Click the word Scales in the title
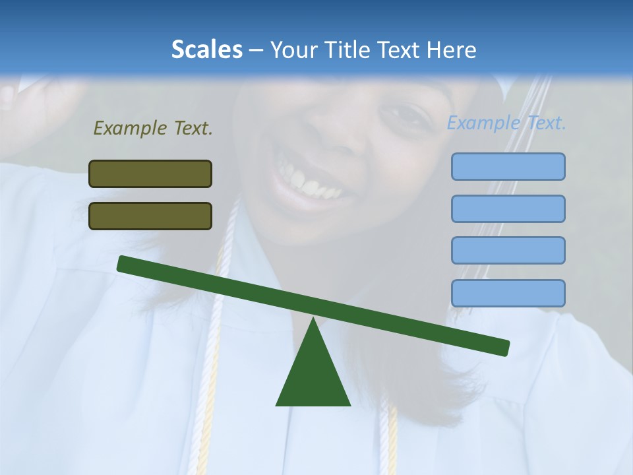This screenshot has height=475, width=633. point(206,49)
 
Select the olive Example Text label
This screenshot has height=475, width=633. point(153,128)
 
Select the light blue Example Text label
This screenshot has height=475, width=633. point(506,123)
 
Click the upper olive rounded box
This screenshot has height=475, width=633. point(150,174)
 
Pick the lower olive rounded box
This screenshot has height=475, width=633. point(150,216)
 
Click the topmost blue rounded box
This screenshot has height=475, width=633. point(508,166)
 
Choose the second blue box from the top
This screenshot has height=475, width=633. point(508,208)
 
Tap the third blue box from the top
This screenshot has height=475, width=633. point(508,250)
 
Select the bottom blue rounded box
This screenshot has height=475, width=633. point(508,293)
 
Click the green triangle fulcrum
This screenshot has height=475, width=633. point(313,376)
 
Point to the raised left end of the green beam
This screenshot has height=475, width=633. point(123,263)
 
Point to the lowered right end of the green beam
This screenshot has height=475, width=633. point(504,348)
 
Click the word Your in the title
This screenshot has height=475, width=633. point(293,49)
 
